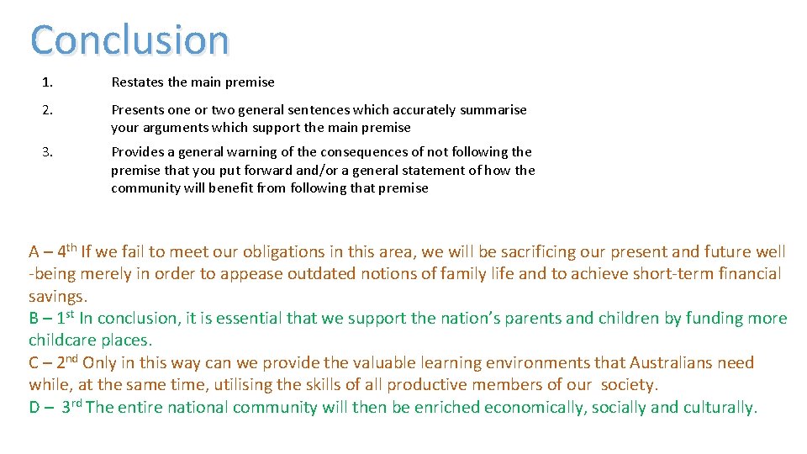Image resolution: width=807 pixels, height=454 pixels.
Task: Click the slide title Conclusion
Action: click(x=129, y=40)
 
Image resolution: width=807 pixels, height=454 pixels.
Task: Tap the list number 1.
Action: click(x=47, y=82)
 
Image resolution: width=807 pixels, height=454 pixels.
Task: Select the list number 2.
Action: click(x=47, y=110)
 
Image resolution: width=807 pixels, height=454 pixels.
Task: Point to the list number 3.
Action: click(x=47, y=152)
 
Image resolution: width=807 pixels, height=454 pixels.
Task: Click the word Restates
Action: click(x=135, y=82)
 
